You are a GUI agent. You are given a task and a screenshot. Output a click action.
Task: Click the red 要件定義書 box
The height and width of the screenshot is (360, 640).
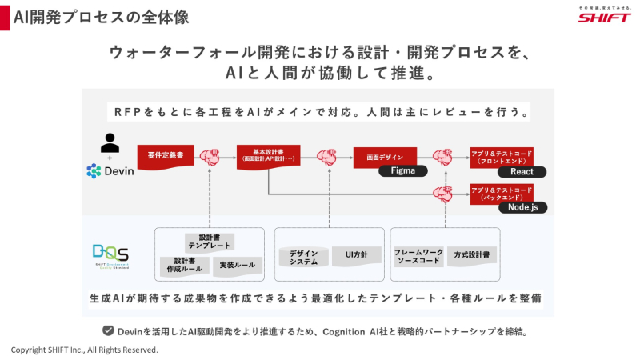tap(165, 155)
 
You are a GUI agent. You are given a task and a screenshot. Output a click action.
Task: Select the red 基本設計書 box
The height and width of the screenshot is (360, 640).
tap(268, 155)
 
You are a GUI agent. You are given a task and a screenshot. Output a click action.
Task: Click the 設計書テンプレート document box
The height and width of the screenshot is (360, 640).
tap(209, 242)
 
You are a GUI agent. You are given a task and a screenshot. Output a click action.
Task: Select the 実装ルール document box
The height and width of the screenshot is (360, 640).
tap(238, 265)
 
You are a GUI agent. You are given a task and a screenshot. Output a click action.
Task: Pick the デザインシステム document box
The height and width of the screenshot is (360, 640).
tap(302, 257)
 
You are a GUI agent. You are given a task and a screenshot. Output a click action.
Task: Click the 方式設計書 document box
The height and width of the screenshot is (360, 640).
tap(472, 254)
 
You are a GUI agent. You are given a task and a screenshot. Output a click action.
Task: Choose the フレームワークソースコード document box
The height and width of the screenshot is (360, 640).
tap(418, 256)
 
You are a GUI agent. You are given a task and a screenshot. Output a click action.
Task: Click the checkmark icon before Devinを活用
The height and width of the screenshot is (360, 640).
tap(107, 330)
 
